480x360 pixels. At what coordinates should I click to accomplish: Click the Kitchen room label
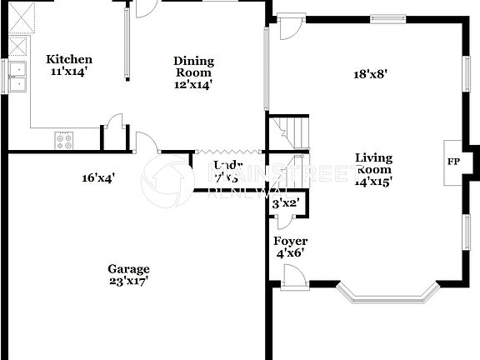(x=68, y=59)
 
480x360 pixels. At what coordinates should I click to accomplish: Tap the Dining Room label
(x=193, y=61)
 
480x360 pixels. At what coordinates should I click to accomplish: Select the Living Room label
(x=373, y=157)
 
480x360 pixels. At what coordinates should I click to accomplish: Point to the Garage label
(x=128, y=268)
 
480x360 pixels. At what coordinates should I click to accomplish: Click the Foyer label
(x=290, y=242)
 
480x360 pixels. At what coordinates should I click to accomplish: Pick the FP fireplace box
(x=453, y=161)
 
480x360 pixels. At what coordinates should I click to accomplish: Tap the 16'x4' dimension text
(x=97, y=177)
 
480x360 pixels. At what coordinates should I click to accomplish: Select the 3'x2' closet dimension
(x=286, y=204)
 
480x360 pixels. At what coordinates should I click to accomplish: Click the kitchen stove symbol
(x=63, y=141)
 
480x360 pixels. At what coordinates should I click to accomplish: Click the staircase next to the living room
(x=290, y=132)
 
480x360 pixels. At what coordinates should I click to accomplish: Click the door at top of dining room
(x=145, y=8)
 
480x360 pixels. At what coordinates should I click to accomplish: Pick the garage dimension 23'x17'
(x=128, y=281)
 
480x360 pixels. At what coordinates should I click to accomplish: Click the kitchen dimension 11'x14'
(x=68, y=72)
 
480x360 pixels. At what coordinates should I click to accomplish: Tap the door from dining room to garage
(x=147, y=142)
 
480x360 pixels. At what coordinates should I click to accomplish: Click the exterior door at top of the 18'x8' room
(x=291, y=27)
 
